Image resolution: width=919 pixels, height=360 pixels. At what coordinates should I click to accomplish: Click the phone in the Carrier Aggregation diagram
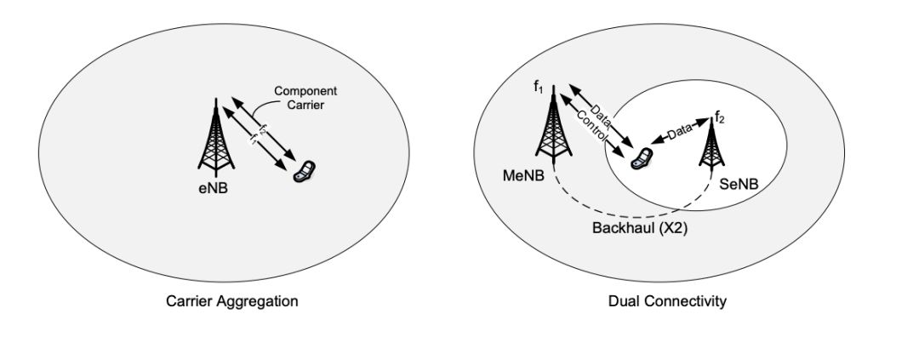click(302, 171)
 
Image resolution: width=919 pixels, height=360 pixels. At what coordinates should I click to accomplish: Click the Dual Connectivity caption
click(667, 301)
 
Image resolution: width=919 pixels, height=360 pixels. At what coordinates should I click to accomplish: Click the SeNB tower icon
click(710, 150)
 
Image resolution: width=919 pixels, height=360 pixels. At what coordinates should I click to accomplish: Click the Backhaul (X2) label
click(632, 228)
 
